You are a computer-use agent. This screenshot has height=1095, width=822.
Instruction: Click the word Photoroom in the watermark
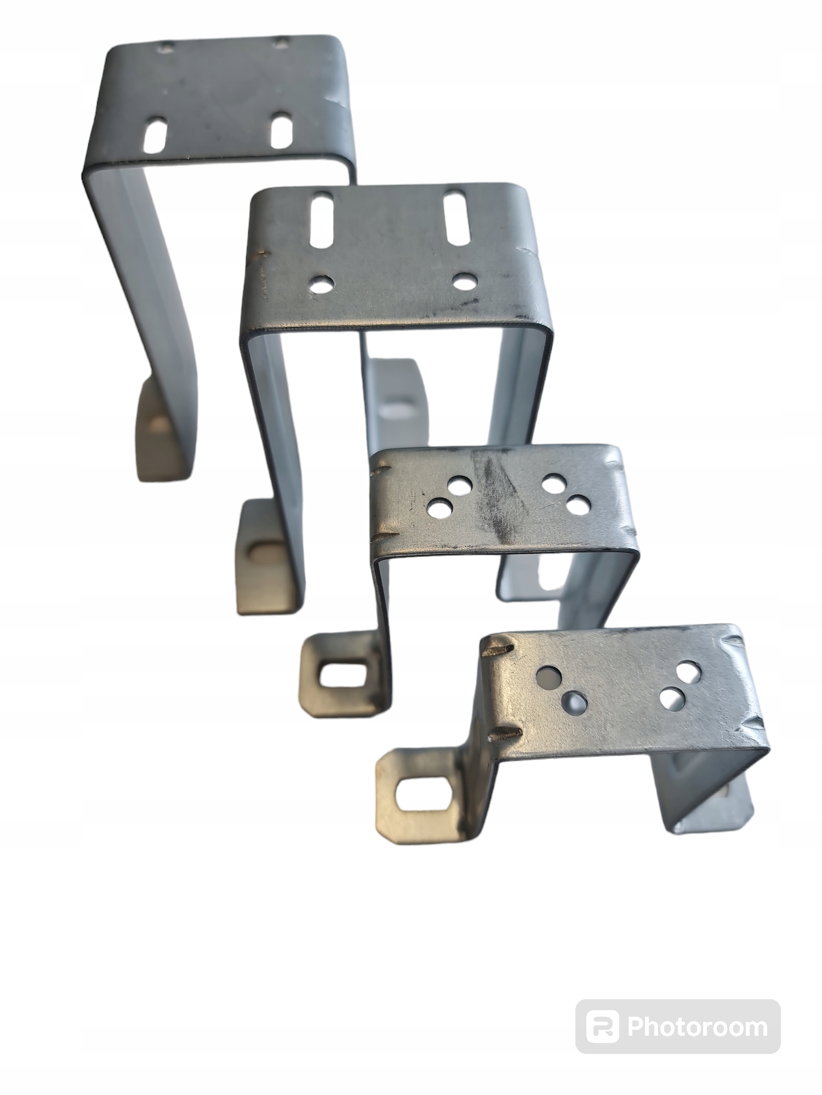pos(698,1027)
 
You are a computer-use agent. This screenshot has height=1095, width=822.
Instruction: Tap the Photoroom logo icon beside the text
pos(602,1027)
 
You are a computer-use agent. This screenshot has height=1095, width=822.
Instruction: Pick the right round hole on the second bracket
pos(465,281)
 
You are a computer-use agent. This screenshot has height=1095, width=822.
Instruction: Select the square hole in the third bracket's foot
pos(338,676)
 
